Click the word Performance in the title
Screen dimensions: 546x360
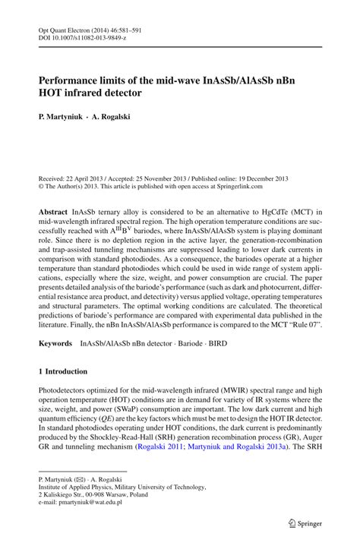tap(74, 77)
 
